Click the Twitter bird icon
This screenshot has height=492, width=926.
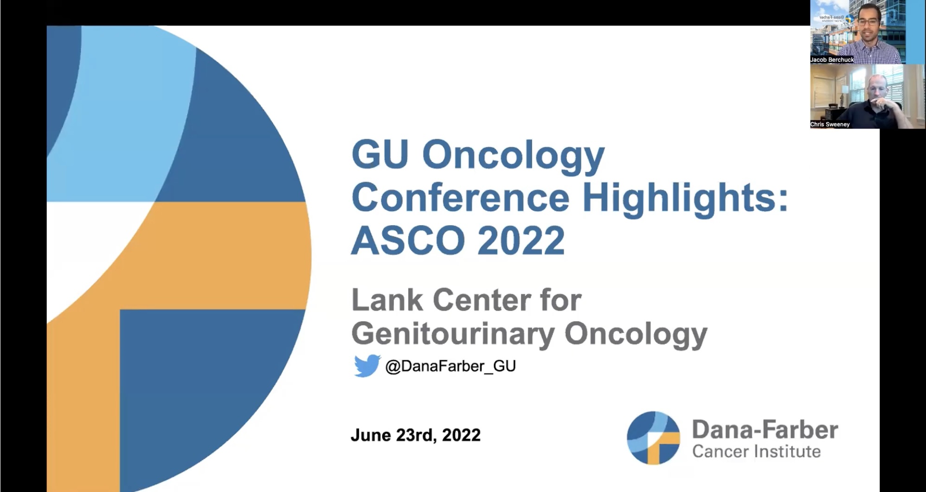(367, 366)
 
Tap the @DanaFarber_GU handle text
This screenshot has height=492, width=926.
(450, 366)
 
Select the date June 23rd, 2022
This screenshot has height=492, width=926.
(416, 435)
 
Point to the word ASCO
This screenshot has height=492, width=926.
(408, 240)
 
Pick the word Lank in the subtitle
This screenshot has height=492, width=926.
(387, 300)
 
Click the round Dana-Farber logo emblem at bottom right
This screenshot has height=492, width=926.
(653, 438)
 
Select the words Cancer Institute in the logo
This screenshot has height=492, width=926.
(756, 452)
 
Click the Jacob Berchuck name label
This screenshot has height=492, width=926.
(832, 60)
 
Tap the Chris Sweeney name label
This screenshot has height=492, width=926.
(830, 124)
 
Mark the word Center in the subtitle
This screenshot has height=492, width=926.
(481, 300)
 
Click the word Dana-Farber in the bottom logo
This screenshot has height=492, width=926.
(765, 430)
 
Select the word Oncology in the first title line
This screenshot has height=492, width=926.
(514, 157)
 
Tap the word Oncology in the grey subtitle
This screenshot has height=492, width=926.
(636, 334)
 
